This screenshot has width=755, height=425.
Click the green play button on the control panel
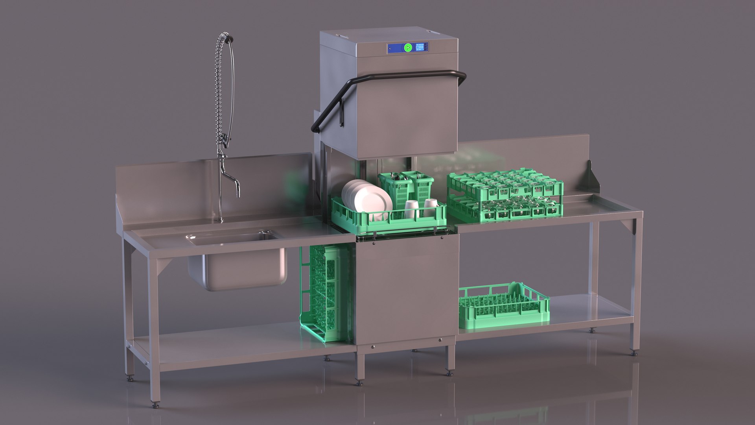pos(408,48)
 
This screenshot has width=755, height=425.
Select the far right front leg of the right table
pos(637,283)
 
